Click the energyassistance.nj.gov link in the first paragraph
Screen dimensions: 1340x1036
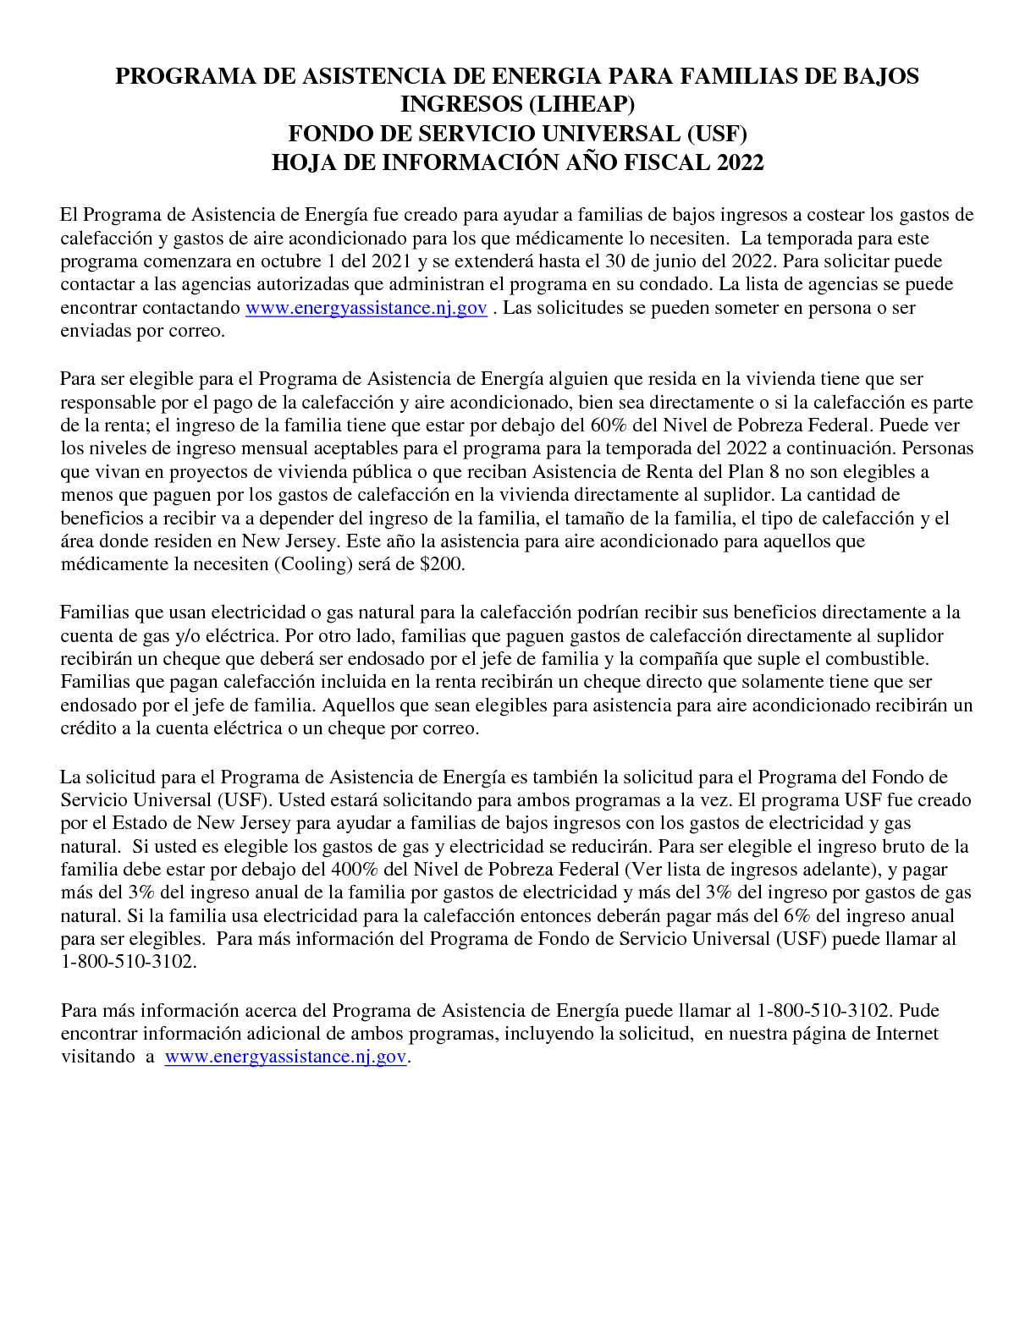[366, 308]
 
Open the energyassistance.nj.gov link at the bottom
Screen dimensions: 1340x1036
[285, 1057]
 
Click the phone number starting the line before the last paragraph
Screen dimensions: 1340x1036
[128, 962]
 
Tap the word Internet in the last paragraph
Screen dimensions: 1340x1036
[906, 1034]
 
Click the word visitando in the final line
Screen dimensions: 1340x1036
[97, 1057]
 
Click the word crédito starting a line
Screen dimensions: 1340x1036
[88, 728]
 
